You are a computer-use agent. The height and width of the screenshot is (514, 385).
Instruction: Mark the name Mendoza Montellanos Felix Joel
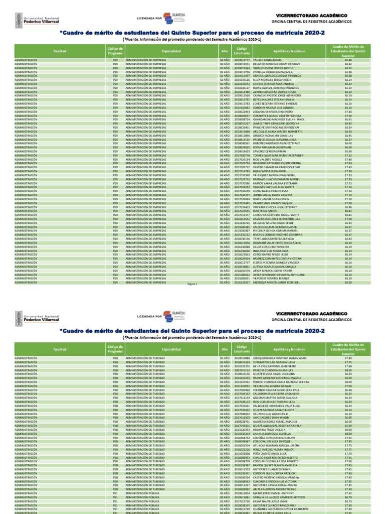coord(280,282)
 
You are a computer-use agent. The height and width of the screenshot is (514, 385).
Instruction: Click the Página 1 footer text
coord(192,284)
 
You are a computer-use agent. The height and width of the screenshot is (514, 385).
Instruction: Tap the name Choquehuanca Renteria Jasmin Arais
coord(284,357)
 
